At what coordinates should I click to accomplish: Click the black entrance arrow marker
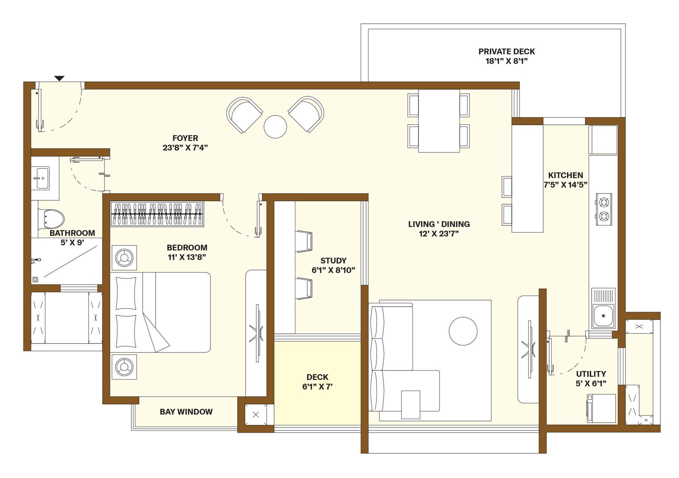60,78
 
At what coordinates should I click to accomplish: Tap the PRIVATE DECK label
507,51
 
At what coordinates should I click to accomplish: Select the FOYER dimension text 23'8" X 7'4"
185,148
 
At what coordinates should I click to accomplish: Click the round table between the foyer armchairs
275,127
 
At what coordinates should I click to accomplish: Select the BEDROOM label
187,247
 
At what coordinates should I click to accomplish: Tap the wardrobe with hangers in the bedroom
157,214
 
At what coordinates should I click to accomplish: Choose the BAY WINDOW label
186,412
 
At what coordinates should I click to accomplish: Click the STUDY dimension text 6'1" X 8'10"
334,270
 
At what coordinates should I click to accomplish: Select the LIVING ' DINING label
439,224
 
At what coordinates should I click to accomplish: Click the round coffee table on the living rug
463,331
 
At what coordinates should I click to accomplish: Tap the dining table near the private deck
439,121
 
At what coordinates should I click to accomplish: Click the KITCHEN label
566,175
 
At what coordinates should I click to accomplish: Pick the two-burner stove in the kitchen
604,209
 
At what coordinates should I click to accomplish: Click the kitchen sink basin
603,316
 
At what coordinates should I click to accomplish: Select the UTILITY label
591,374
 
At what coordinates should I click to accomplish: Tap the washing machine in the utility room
601,408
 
